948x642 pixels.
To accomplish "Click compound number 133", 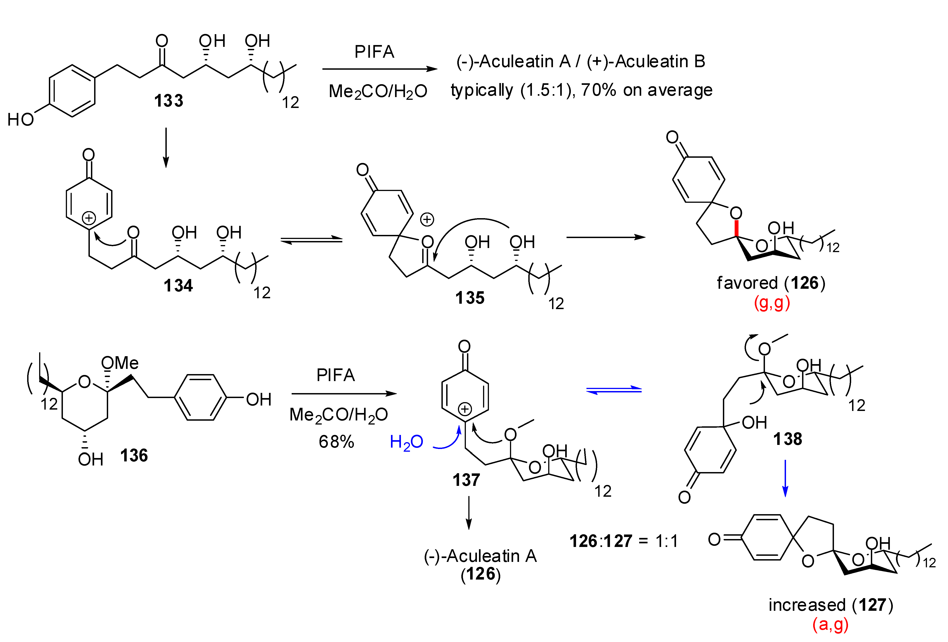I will click(x=169, y=101).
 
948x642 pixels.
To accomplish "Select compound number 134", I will click(x=178, y=286).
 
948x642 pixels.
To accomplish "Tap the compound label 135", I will click(x=470, y=298).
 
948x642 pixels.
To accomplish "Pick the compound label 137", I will click(x=466, y=480).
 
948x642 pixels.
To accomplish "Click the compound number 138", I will click(x=788, y=439).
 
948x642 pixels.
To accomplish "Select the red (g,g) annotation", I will click(x=772, y=303).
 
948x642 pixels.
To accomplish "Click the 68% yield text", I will click(x=336, y=442).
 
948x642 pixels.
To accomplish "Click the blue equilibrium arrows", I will click(x=614, y=390).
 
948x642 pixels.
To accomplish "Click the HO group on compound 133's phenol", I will click(x=20, y=119).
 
